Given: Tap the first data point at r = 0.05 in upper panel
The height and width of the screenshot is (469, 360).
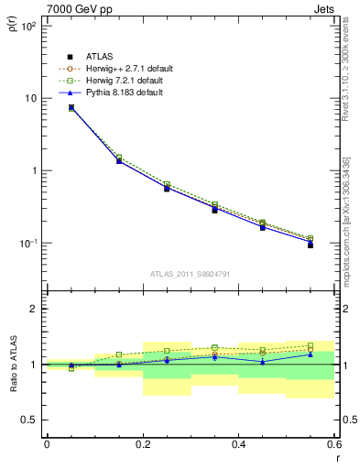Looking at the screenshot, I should click(71, 107).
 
